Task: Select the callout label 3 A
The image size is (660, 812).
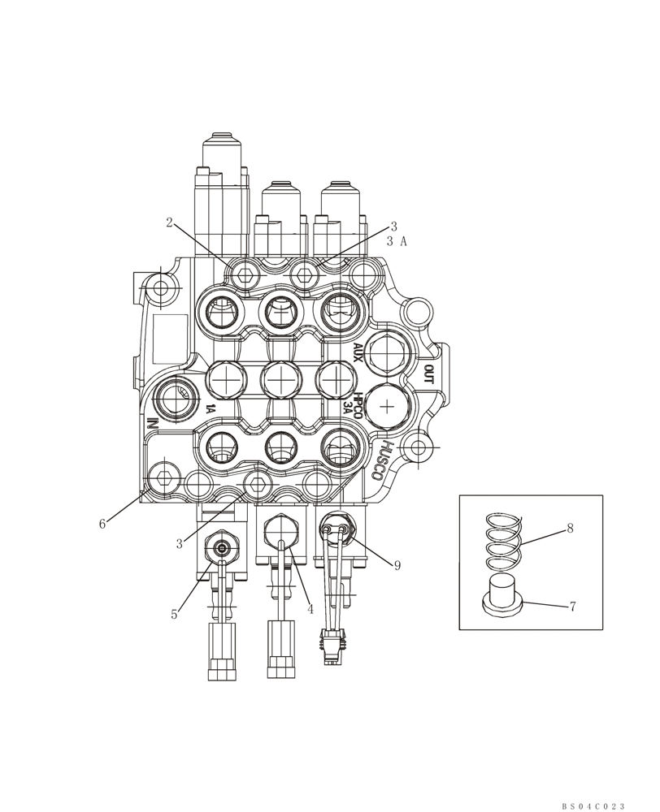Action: (396, 241)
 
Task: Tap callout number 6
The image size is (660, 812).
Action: (102, 525)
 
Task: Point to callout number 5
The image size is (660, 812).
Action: (174, 615)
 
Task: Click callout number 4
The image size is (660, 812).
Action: (310, 608)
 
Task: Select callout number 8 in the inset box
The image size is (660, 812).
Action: (571, 529)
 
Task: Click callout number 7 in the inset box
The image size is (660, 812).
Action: (572, 607)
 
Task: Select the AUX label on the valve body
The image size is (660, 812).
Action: (358, 351)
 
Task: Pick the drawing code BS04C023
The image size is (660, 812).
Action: (593, 806)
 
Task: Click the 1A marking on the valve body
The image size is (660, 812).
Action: (210, 409)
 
